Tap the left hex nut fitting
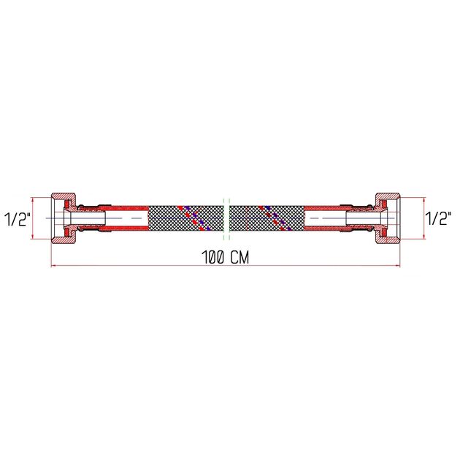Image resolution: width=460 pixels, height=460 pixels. pos(64,218)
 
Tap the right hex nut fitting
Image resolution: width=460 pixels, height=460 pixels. pos(388,218)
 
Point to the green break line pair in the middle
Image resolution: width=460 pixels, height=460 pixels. pos(226,218)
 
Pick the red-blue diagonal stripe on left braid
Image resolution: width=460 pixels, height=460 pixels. pos(195,217)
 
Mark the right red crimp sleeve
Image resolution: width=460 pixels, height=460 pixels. pos(329,218)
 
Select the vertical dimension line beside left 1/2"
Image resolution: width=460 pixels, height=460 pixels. pos(34,218)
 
